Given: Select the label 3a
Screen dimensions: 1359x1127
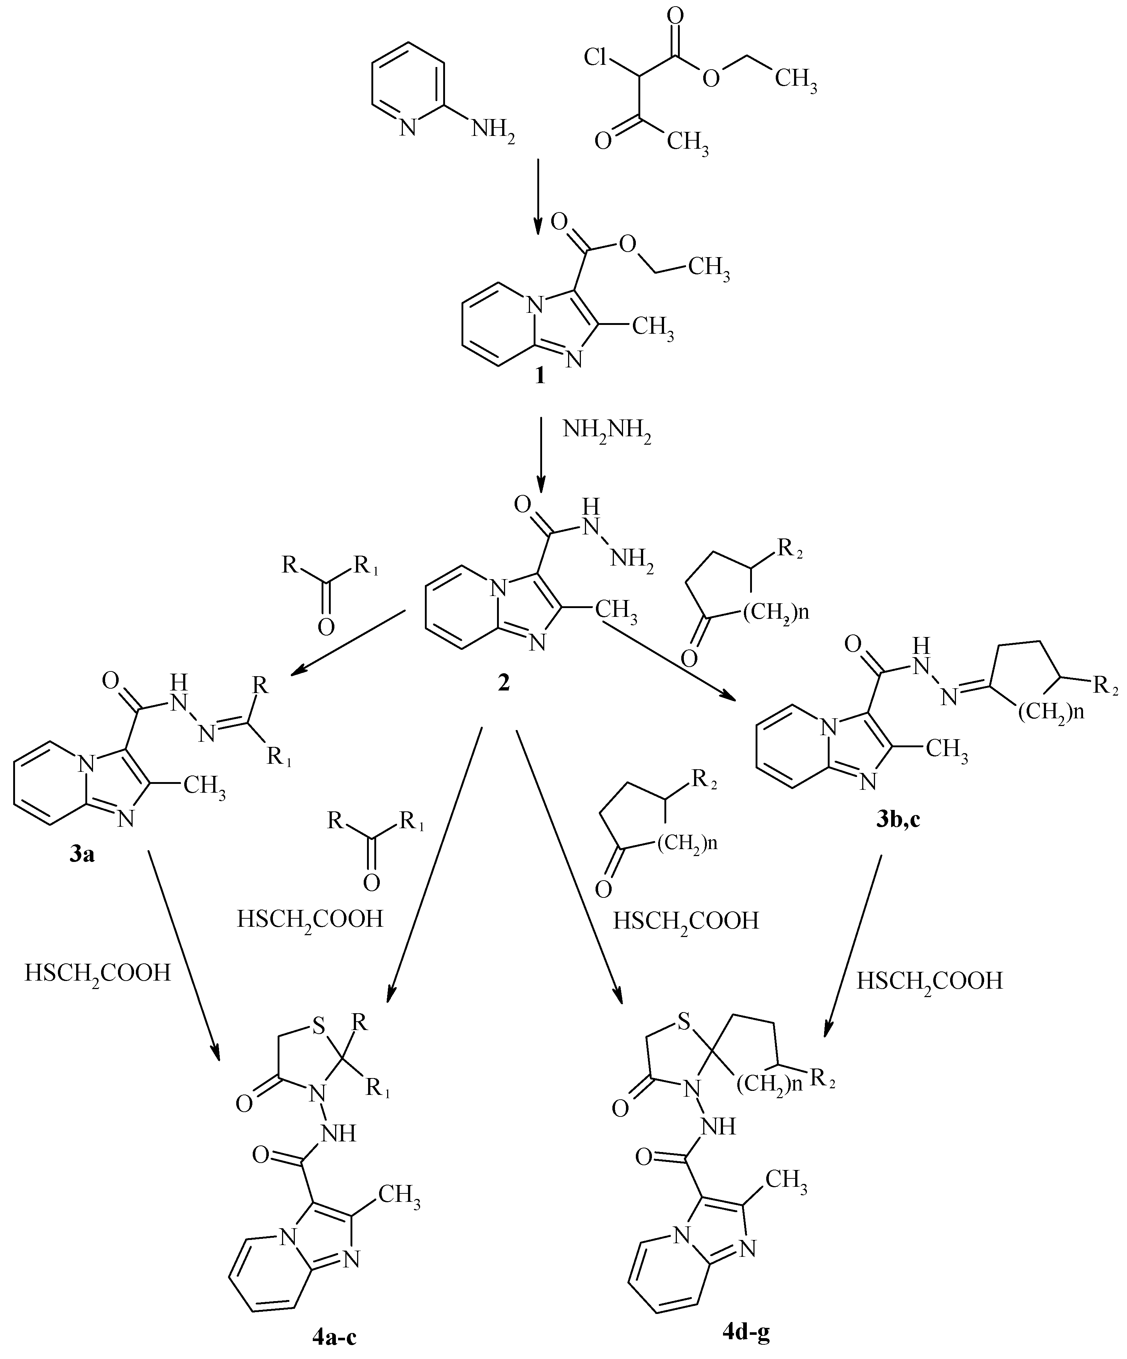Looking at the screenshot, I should tap(82, 854).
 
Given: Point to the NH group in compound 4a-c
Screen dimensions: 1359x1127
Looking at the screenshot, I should tap(339, 1133).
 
